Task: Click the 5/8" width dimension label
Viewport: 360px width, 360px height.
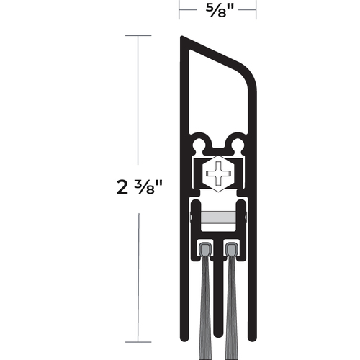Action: click(217, 9)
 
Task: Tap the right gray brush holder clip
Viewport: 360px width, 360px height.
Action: click(230, 249)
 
